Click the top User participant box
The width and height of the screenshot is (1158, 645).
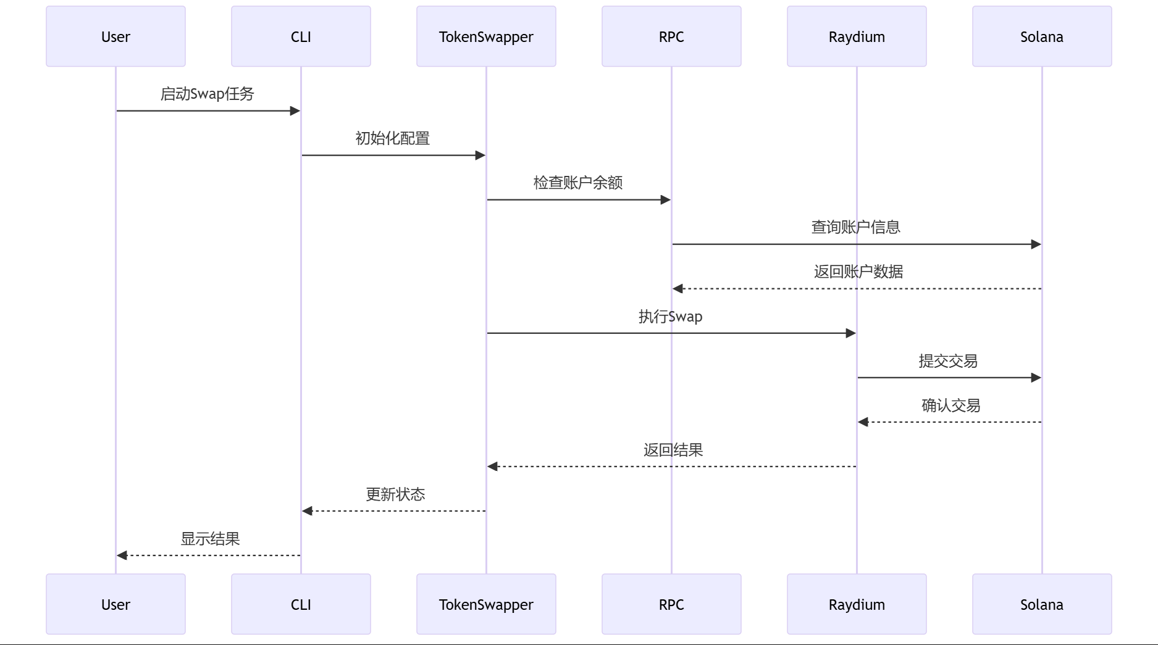tap(115, 36)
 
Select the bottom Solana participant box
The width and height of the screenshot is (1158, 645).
tap(1041, 604)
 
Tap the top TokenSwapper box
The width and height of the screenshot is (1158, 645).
tap(486, 36)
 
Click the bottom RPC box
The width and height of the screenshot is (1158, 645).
tap(671, 604)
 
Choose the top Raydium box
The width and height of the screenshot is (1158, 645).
tap(857, 36)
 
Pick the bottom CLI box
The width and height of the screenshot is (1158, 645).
tap(301, 604)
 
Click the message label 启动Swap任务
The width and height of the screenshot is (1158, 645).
tap(208, 94)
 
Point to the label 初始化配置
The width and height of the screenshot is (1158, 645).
tap(393, 138)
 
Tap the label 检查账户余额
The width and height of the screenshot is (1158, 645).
tap(578, 183)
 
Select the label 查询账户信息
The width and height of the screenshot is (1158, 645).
tap(856, 227)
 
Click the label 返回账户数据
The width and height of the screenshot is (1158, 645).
tap(858, 272)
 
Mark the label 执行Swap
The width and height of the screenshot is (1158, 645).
tap(671, 317)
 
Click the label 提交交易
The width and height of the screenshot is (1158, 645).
tap(948, 361)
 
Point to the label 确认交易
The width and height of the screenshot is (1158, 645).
tap(951, 406)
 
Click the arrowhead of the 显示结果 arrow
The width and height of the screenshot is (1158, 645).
tap(122, 556)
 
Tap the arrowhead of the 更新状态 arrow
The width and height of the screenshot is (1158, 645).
tap(307, 511)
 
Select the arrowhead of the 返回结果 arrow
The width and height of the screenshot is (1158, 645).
tap(492, 467)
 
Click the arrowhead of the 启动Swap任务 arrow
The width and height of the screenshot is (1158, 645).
tap(295, 111)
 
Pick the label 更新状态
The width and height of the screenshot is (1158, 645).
tap(395, 494)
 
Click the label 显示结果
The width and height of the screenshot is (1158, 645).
tap(210, 539)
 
